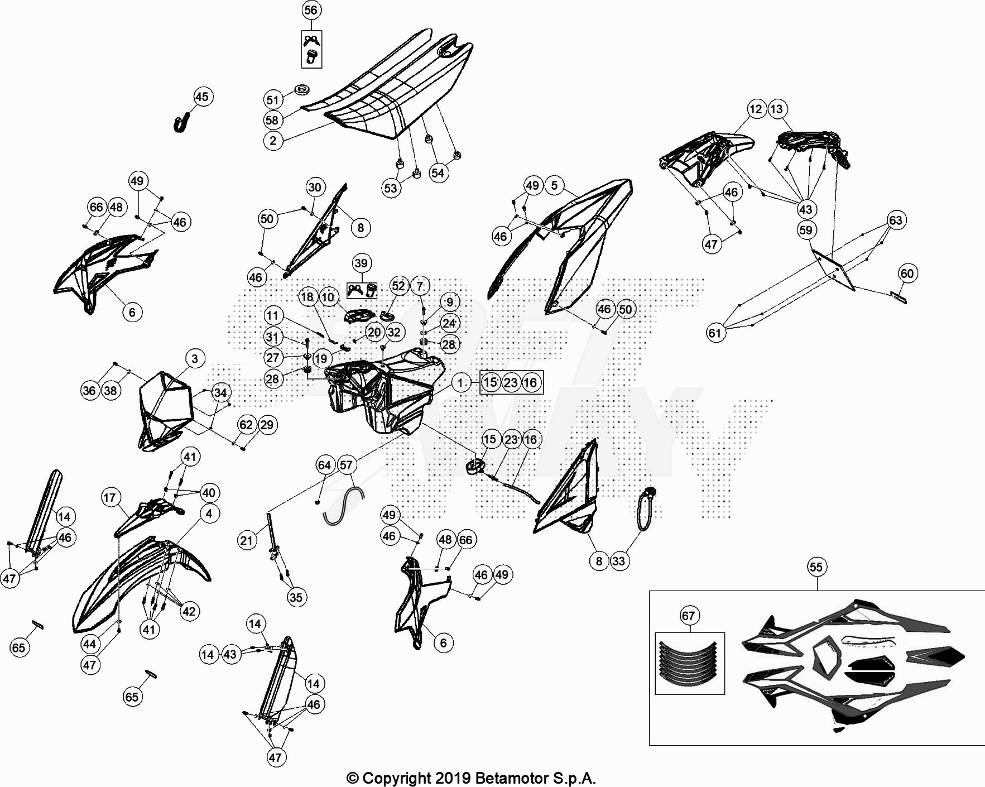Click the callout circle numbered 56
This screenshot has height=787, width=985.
point(311,10)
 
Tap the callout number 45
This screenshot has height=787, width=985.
point(202,97)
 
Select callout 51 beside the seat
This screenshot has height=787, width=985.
point(272,100)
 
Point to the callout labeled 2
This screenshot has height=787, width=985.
point(273,140)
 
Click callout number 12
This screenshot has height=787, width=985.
point(756,109)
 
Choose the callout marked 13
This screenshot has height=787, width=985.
point(777,109)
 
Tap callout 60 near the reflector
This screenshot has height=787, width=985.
point(907,273)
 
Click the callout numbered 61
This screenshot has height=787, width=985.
point(715,333)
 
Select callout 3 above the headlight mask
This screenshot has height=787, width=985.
point(195,358)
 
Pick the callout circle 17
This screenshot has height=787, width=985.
point(110,497)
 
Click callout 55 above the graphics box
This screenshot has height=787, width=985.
point(816,567)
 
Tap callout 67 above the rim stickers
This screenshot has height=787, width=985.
point(689,616)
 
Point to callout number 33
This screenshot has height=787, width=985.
point(618,561)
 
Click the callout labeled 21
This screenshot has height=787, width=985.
point(247,540)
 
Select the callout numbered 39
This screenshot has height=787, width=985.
point(361,263)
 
